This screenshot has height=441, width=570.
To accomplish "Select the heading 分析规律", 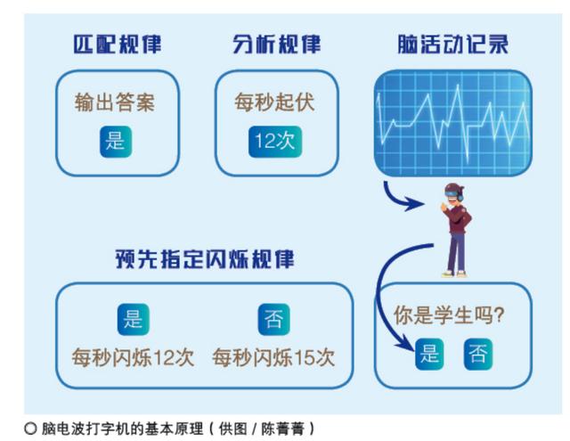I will coord(277,45).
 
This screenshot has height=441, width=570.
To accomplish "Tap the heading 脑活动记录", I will coord(452,45).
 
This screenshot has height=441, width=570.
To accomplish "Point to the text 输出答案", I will coord(117,102).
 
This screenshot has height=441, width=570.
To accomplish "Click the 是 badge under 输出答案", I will coord(116,141).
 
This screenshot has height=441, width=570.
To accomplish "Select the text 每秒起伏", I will coord(275,102).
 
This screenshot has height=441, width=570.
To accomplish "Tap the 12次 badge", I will coord(275,141).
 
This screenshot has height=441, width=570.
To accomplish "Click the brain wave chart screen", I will coord(452,121).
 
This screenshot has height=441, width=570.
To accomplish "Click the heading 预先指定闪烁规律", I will coord(205,259).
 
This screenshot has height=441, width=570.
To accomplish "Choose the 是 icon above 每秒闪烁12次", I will coord(133,318).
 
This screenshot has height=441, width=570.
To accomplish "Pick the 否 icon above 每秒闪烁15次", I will coord(273,318).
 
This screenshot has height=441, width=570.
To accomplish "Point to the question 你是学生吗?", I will coord(450,314).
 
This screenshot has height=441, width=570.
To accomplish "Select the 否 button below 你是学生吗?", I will coord(476,355).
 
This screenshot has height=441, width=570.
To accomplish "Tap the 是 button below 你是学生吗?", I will coord(429,355).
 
